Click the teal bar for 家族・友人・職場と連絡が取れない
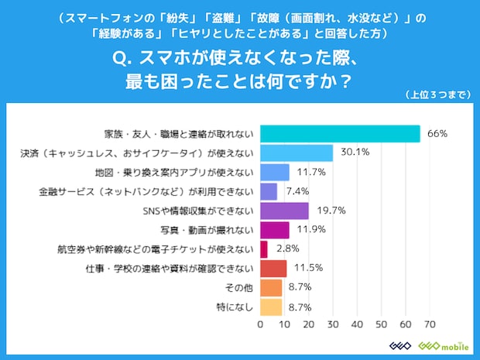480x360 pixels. (340, 134)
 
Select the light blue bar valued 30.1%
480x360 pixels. (297, 153)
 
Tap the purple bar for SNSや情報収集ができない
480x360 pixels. (284, 211)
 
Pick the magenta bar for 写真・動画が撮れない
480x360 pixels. (274, 230)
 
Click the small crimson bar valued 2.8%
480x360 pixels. (263, 249)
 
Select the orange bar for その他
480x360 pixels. (271, 288)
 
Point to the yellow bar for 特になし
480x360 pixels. (271, 307)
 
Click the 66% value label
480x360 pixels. (438, 134)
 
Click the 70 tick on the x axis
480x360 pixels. (430, 324)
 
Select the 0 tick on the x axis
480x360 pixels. (260, 324)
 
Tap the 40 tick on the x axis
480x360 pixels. (357, 324)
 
